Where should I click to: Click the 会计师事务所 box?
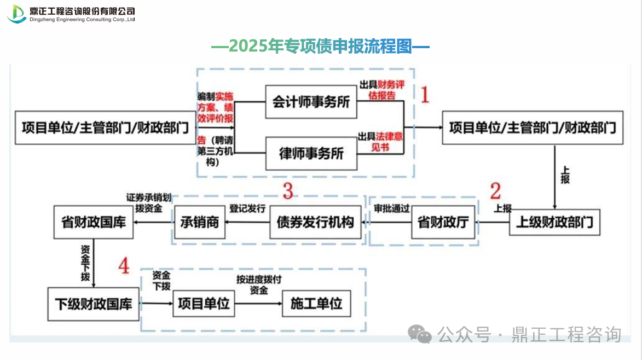click(311, 102)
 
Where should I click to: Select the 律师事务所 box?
click(311, 153)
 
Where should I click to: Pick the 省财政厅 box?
click(443, 222)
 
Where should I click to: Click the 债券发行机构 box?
click(315, 222)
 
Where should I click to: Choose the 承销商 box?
click(200, 222)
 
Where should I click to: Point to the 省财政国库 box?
click(93, 223)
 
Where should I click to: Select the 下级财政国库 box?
click(93, 304)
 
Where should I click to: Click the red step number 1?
click(424, 95)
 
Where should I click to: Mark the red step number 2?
click(495, 191)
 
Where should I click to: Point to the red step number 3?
click(288, 191)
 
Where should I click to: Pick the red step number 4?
click(124, 266)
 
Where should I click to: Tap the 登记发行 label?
click(247, 208)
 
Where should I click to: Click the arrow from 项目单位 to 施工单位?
click(257, 304)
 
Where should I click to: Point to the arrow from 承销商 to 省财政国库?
click(153, 223)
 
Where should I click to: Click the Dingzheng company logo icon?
click(16, 14)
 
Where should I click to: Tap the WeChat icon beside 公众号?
click(421, 334)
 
